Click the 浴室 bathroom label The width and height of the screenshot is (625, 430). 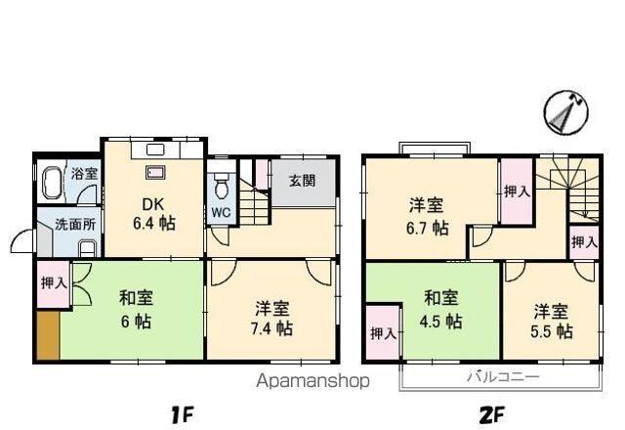point(84,174)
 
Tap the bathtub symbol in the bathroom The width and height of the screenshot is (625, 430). point(54,183)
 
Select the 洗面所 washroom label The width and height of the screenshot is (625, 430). point(73,223)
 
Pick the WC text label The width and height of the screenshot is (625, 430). point(221,212)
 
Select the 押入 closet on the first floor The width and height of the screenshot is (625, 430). point(54,285)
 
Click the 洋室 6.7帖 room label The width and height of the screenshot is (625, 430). point(427,216)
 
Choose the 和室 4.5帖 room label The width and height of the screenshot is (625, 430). point(441,308)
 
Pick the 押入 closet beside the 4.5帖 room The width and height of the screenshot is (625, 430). point(382,333)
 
